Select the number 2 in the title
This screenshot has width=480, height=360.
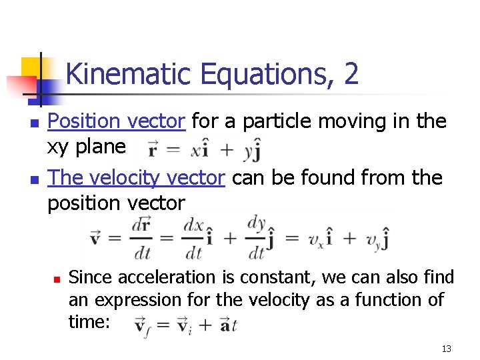click(x=351, y=73)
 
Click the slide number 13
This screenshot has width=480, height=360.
click(x=446, y=349)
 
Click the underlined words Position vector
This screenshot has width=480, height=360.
click(x=117, y=121)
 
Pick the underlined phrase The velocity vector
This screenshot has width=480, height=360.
click(x=136, y=178)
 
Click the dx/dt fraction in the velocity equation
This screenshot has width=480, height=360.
click(x=193, y=238)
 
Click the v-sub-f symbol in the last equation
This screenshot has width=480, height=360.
click(x=141, y=326)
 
